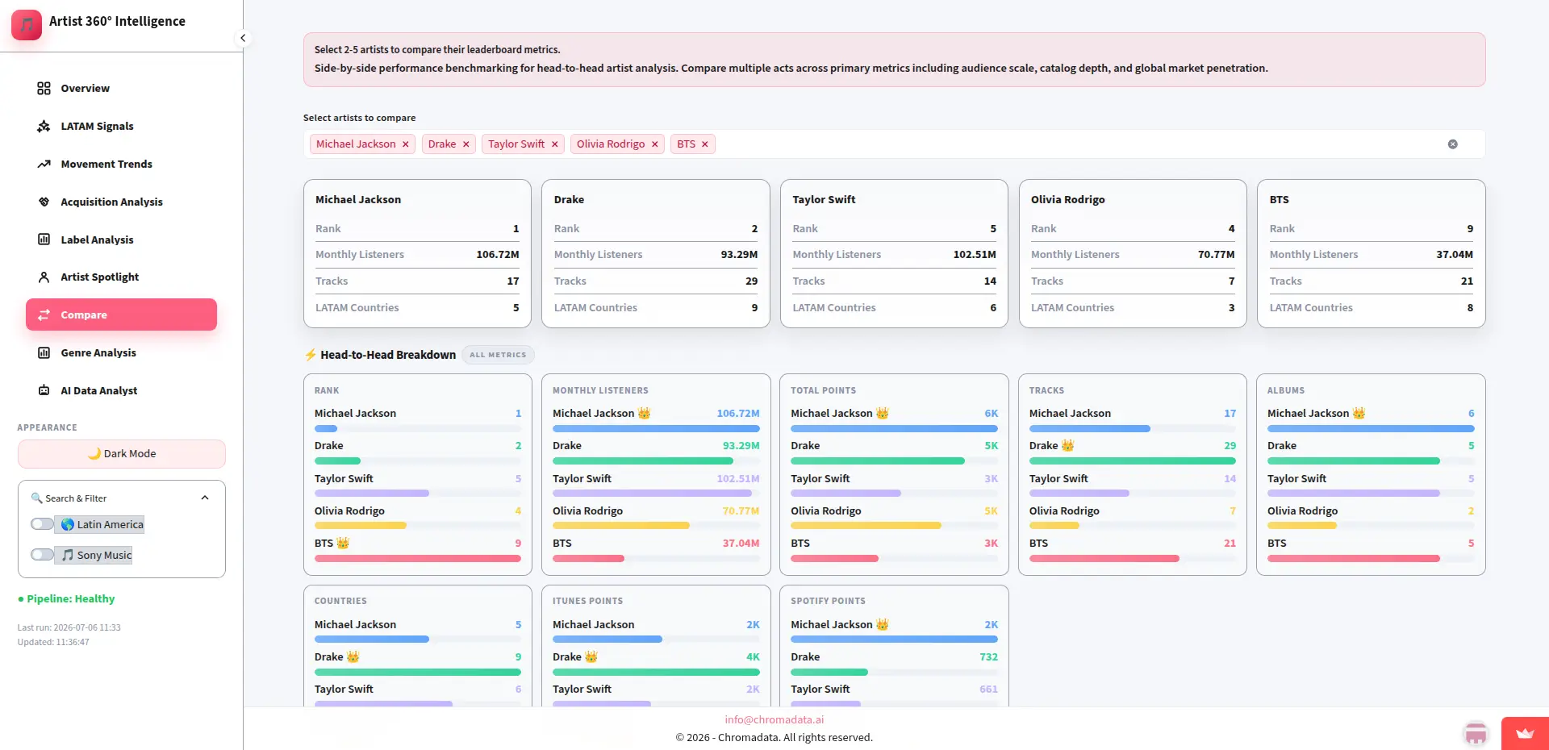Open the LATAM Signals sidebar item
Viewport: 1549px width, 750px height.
tap(97, 126)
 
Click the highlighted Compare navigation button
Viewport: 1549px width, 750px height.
tap(121, 315)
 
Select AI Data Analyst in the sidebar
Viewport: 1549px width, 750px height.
tap(98, 390)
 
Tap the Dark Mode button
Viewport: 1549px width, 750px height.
tap(122, 453)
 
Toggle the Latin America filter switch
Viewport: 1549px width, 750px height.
tap(42, 524)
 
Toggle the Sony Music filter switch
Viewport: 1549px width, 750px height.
tap(42, 555)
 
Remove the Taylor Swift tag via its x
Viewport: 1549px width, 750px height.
tap(555, 144)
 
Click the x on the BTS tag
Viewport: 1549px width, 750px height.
tap(705, 144)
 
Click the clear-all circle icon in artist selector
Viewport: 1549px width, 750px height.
tap(1453, 144)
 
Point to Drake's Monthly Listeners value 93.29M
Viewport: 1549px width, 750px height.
tap(739, 255)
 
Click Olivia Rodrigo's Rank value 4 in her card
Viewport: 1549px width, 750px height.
tap(1232, 229)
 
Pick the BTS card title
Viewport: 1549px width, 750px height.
tap(1280, 199)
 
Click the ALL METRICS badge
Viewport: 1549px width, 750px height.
tap(498, 355)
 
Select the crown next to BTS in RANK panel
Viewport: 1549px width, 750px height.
tap(343, 543)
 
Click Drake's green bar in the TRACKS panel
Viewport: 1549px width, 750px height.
tap(1133, 461)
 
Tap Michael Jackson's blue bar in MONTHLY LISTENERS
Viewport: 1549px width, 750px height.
tap(656, 429)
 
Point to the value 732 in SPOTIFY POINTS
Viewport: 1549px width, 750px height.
tap(989, 657)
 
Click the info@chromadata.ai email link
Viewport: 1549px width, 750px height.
tap(774, 719)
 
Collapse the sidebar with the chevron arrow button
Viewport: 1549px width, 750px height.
tap(243, 38)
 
